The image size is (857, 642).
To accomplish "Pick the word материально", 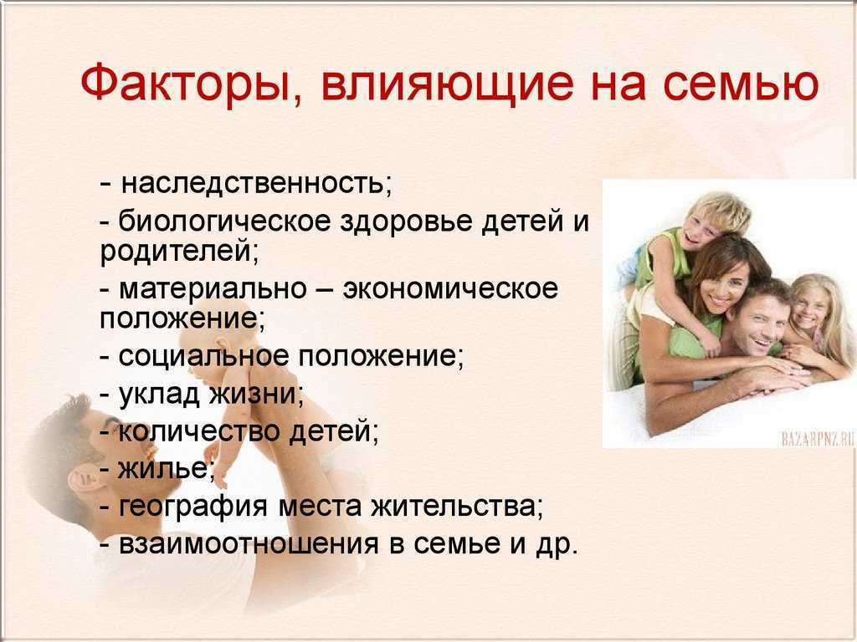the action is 213,288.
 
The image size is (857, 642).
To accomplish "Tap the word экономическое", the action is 450,288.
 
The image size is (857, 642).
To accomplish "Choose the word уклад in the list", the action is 159,394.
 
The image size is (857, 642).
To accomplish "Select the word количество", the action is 198,431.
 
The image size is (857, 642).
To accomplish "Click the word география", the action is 193,507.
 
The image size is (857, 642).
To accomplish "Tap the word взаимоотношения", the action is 249,544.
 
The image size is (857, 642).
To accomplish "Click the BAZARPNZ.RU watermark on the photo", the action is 818,439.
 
